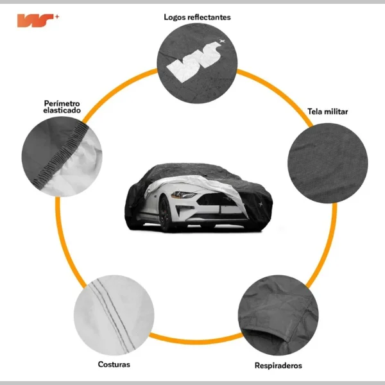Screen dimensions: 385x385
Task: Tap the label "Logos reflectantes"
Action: pos(197,17)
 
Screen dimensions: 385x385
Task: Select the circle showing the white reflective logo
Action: pos(197,62)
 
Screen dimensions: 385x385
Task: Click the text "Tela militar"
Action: pos(327,112)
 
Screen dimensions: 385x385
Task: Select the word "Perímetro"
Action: pos(62,103)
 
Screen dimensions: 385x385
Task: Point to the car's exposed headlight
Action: pos(185,194)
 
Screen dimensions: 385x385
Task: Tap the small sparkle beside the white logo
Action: pos(223,42)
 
